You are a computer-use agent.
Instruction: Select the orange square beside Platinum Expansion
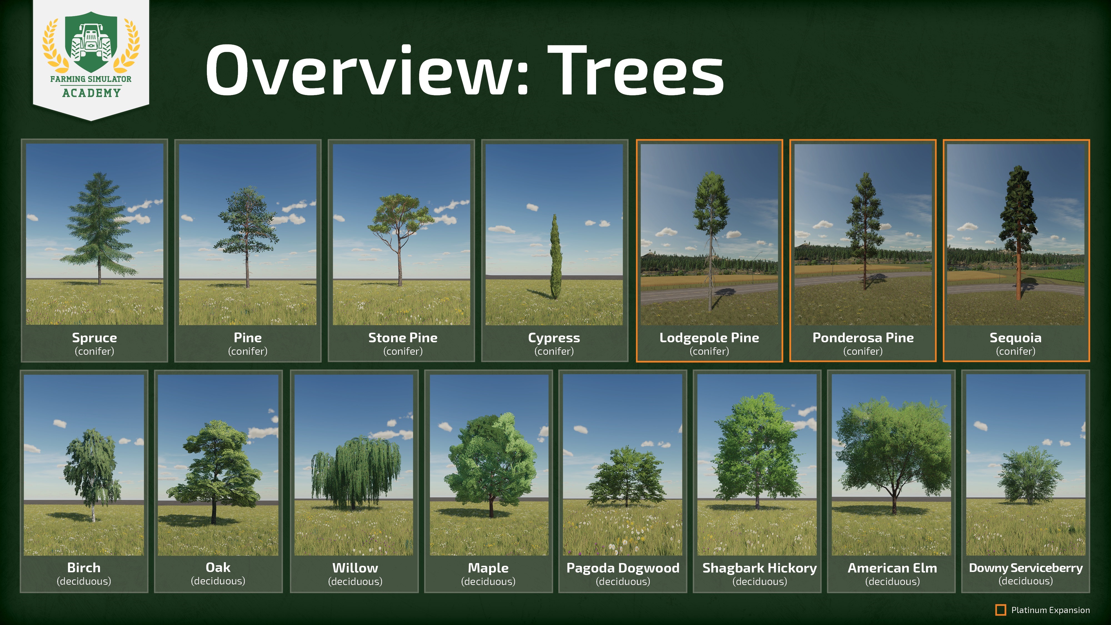[x=1000, y=610]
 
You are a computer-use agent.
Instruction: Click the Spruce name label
[x=94, y=338]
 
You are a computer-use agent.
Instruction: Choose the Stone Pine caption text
[x=403, y=338]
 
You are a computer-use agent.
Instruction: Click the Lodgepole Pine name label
[x=709, y=338]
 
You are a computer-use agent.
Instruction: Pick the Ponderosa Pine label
[x=863, y=338]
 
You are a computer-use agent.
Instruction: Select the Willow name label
[x=355, y=567]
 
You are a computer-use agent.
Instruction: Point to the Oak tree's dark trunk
[x=214, y=509]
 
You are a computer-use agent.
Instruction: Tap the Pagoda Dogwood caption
[x=623, y=567]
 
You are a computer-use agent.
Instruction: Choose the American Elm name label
[x=892, y=567]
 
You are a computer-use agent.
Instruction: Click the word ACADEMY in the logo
[x=91, y=93]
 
